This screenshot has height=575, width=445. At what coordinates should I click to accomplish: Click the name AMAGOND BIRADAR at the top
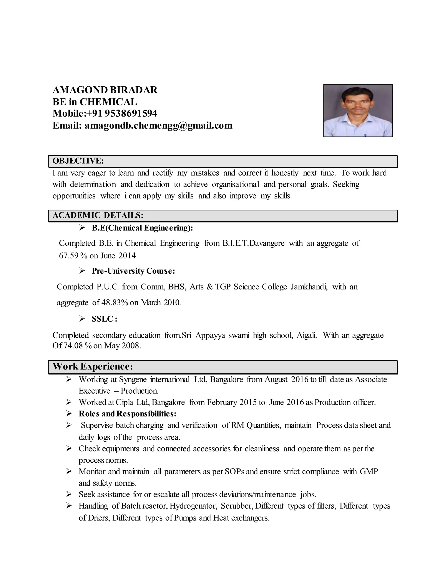pyautogui.click(x=105, y=90)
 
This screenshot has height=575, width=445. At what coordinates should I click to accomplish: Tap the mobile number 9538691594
pyautogui.click(x=131, y=113)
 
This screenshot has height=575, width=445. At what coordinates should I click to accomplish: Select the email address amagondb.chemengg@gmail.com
pyautogui.click(x=158, y=126)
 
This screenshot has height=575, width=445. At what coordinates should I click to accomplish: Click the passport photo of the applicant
pyautogui.click(x=358, y=111)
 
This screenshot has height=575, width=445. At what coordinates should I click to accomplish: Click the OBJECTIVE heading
pyautogui.click(x=78, y=161)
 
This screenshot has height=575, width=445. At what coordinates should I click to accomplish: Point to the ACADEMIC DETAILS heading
pyautogui.click(x=98, y=215)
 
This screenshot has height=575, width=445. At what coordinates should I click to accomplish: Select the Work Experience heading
pyautogui.click(x=93, y=366)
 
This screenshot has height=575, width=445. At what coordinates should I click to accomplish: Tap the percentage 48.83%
pyautogui.click(x=115, y=302)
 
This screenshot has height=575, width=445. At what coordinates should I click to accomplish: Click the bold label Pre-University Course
pyautogui.click(x=133, y=271)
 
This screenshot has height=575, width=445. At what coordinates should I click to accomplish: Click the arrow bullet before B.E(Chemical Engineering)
pyautogui.click(x=82, y=228)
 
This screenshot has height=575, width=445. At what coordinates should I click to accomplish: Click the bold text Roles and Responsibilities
pyautogui.click(x=127, y=414)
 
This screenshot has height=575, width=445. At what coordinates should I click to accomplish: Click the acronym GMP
pyautogui.click(x=369, y=471)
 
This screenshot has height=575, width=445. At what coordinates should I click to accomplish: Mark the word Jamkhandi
pyautogui.click(x=309, y=286)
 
